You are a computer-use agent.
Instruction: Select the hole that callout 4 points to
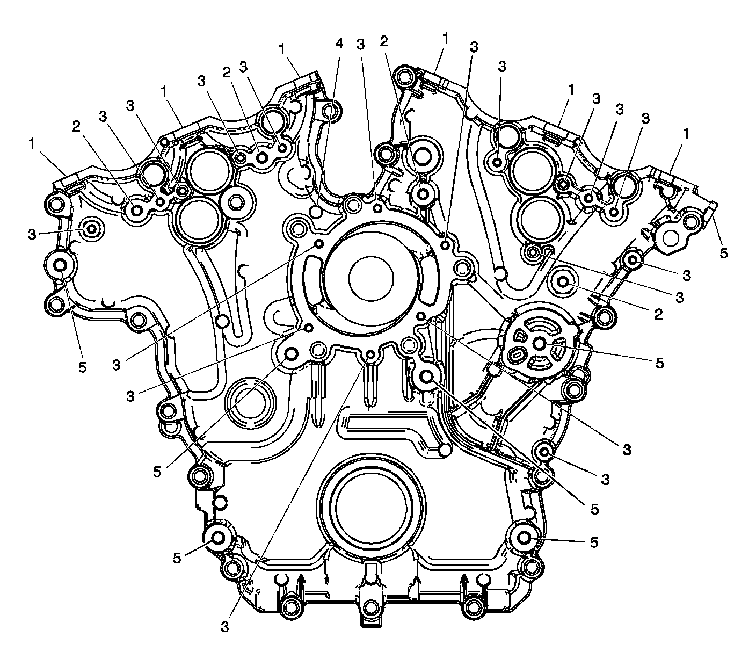(316, 212)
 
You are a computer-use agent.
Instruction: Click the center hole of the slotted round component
(540, 343)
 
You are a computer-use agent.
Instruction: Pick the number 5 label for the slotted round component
(659, 363)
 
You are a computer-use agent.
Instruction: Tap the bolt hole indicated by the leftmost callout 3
(92, 229)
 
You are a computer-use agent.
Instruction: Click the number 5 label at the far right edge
(723, 253)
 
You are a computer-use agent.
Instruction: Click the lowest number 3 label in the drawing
(225, 627)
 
